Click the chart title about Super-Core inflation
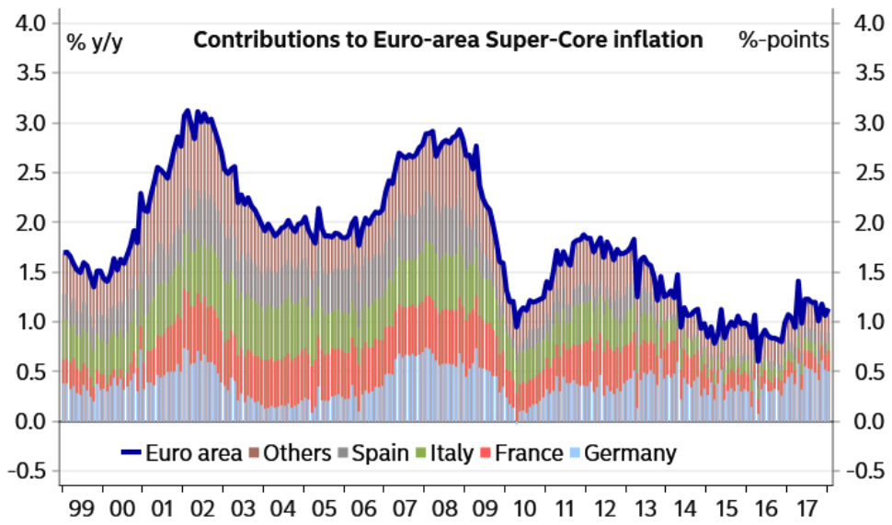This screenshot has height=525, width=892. pos(448,40)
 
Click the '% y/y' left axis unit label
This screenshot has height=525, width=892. pos(94,41)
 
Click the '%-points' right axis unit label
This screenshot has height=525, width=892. pos(783,40)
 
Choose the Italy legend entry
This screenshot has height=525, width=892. pos(447,452)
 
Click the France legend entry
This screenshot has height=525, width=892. pos(527,452)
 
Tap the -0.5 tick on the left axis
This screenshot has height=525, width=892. pos(29,472)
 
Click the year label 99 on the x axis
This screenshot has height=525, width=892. pos(80,507)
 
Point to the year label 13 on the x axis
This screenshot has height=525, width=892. pos(648,507)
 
